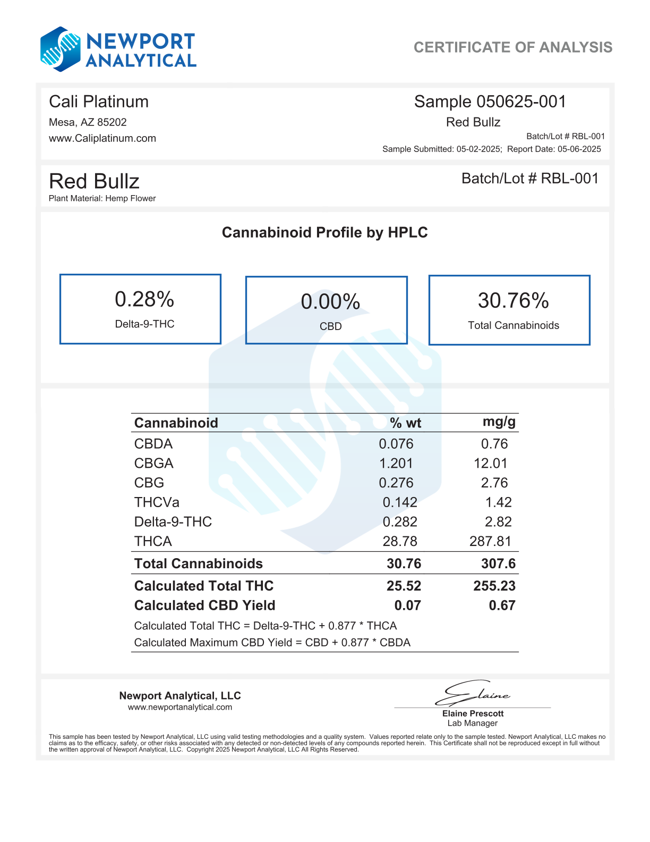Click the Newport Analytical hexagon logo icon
[x=61, y=49]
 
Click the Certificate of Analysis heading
[x=512, y=47]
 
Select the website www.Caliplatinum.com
[x=102, y=138]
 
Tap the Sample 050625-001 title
[x=490, y=102]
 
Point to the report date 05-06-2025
[x=579, y=149]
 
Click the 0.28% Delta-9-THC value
[x=144, y=300]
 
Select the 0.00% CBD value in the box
[x=330, y=302]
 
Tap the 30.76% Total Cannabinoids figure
[x=513, y=301]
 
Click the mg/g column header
[x=499, y=422]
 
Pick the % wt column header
[x=405, y=423]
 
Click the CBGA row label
[x=154, y=464]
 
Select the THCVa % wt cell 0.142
[x=400, y=502]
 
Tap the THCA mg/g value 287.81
[x=490, y=541]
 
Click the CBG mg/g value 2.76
[x=494, y=483]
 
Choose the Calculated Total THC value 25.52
[x=404, y=586]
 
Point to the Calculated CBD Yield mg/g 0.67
[x=502, y=605]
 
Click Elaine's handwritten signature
[x=473, y=693]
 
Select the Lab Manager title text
[x=473, y=723]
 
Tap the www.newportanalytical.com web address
[x=180, y=707]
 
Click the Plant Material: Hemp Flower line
[x=102, y=198]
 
